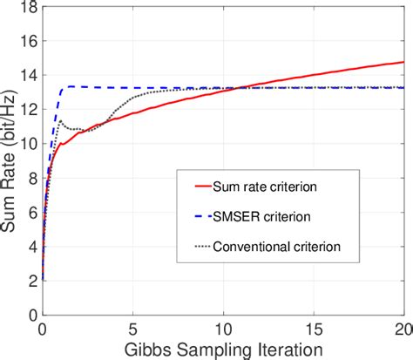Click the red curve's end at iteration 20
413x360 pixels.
tap(403, 62)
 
